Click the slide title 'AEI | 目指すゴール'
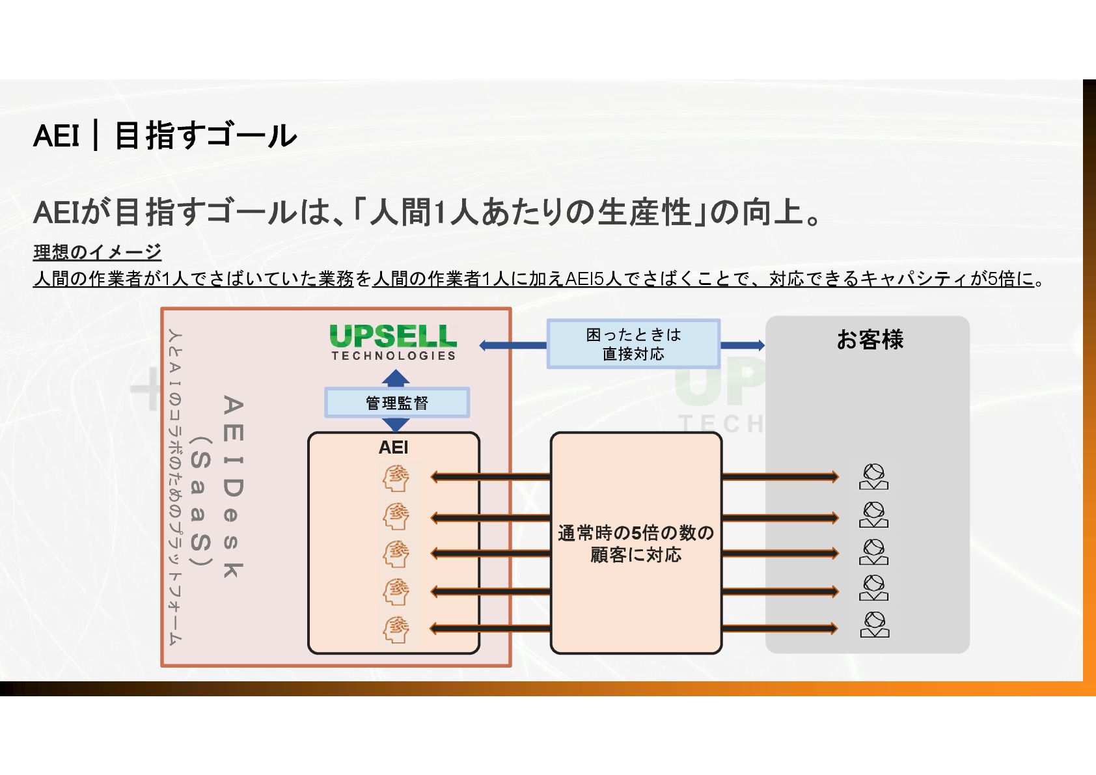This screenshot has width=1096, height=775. coord(165,136)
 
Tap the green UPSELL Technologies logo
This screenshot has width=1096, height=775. coord(393,342)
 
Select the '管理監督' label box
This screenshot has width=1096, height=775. coord(397,403)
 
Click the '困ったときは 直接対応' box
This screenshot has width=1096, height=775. coord(633,344)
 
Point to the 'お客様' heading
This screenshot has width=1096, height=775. coord(870,340)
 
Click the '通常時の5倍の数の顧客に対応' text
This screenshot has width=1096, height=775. coord(636,543)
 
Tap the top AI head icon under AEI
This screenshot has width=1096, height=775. coord(396,479)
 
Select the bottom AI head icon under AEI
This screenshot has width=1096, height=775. coord(396,629)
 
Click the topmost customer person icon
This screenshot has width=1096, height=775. coord(873,477)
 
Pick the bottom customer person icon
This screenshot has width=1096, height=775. coord(874,625)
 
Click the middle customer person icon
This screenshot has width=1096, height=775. coord(873,552)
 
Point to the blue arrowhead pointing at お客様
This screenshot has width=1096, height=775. coord(759,346)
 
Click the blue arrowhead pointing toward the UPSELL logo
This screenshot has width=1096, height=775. coord(484,346)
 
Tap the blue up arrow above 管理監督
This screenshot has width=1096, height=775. coord(396,378)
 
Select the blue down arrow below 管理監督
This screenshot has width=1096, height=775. coord(396,425)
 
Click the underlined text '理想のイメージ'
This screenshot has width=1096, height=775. coord(98,252)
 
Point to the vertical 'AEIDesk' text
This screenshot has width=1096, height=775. coord(233,486)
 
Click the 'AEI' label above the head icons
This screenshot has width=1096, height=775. coord(393,448)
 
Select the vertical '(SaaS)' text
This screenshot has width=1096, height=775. coord(201,501)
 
